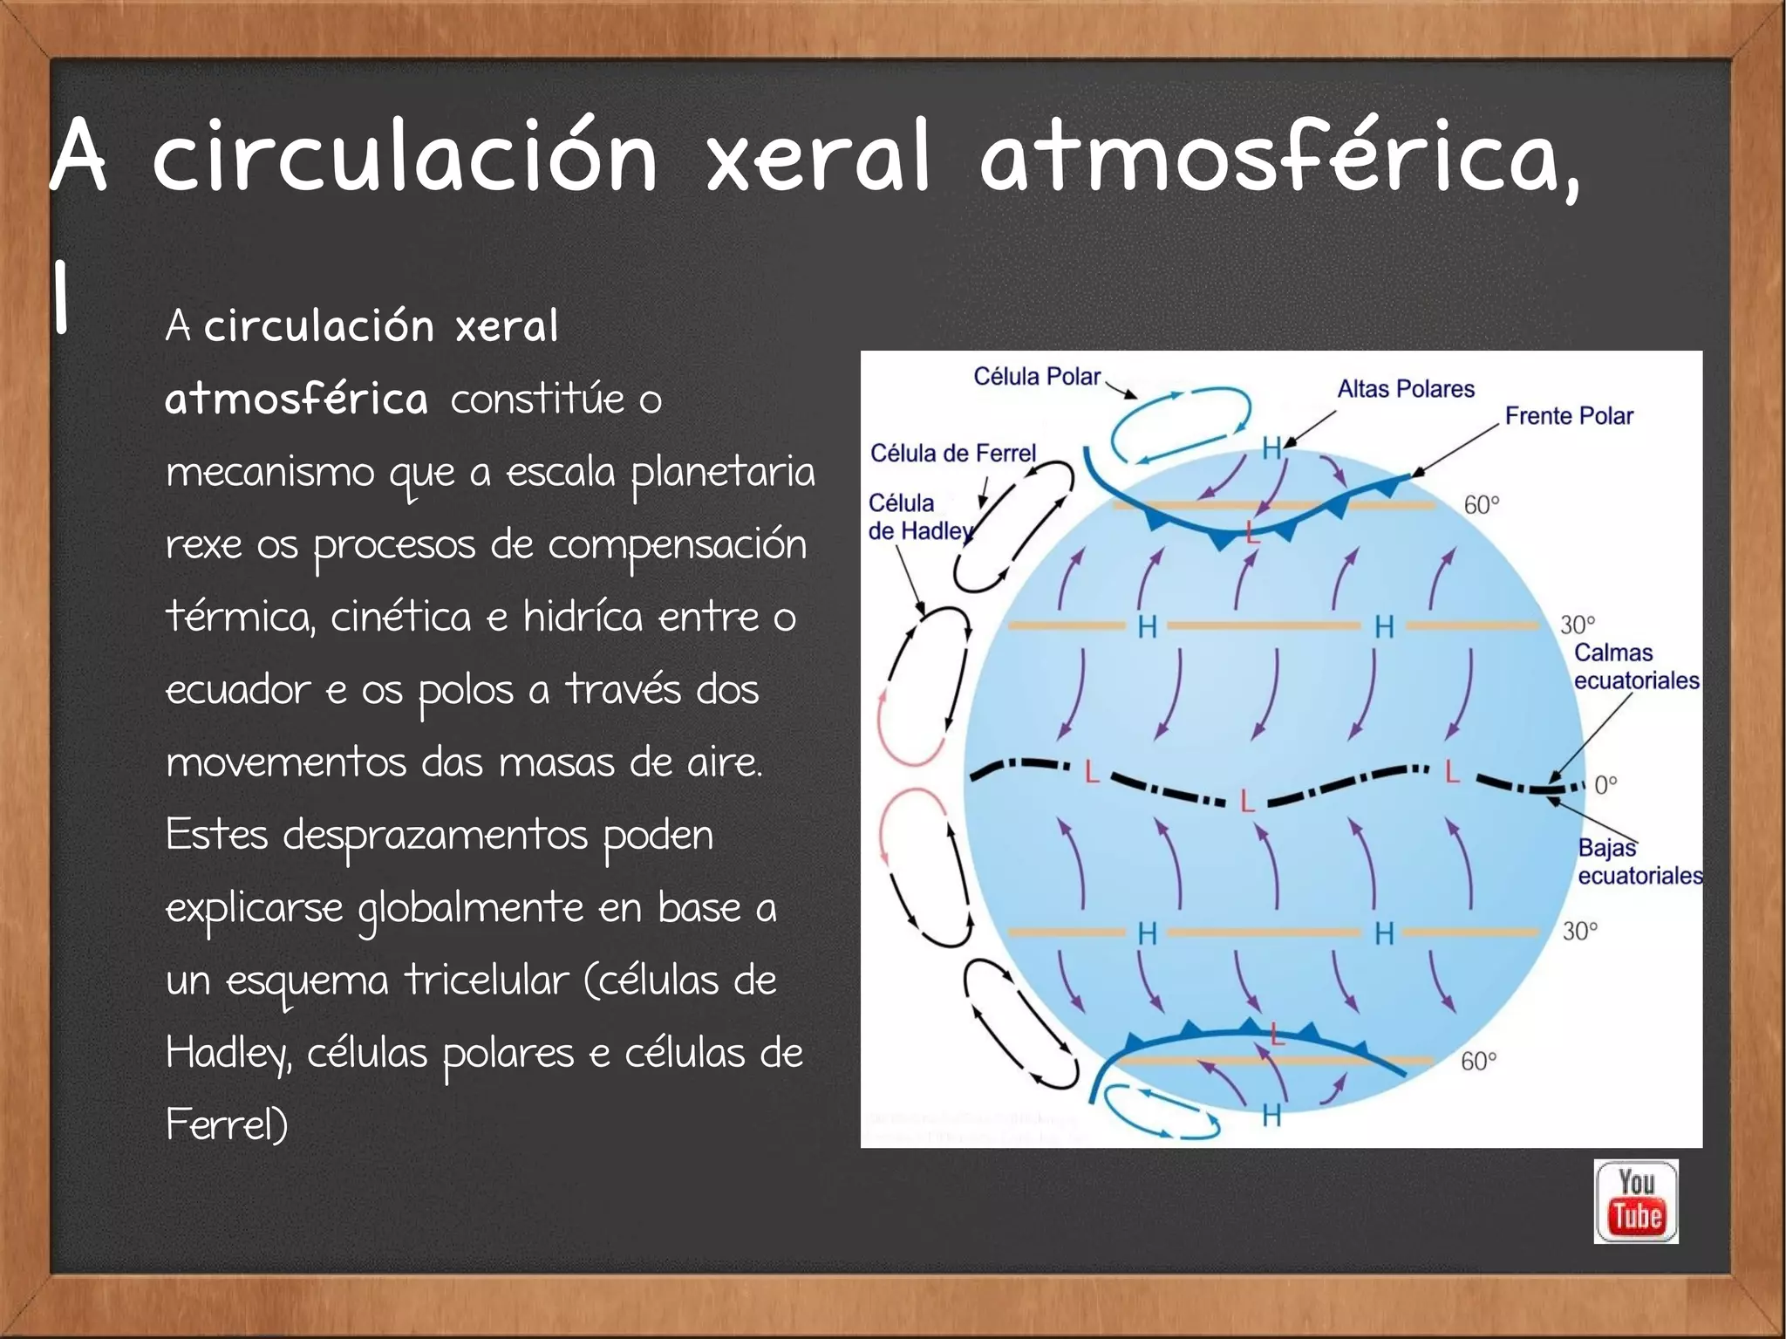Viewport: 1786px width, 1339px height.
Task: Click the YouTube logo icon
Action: point(1636,1201)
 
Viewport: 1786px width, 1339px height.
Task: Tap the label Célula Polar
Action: point(1037,377)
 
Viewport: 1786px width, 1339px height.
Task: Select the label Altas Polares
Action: point(1406,389)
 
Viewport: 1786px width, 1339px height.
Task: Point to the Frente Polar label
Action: point(1569,416)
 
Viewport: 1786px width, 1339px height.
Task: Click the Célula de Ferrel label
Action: point(952,454)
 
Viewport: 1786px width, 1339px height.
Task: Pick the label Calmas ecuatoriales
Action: point(1635,666)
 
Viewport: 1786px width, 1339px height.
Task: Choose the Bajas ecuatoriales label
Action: point(1639,862)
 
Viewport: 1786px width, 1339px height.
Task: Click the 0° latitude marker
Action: point(1605,785)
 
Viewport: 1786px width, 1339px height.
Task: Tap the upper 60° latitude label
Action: point(1481,505)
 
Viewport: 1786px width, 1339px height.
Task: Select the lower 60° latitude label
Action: point(1478,1062)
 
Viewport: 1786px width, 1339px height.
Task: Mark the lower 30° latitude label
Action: point(1579,932)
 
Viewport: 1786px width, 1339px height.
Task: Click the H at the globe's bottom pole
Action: point(1271,1116)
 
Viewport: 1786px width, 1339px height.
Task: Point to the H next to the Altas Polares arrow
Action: point(1271,449)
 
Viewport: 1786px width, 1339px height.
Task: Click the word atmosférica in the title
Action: point(1278,157)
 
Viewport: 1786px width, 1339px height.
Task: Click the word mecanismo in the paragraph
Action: point(269,473)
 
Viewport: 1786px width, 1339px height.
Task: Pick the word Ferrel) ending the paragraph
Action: point(227,1125)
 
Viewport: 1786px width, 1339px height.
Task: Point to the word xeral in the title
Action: point(818,157)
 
